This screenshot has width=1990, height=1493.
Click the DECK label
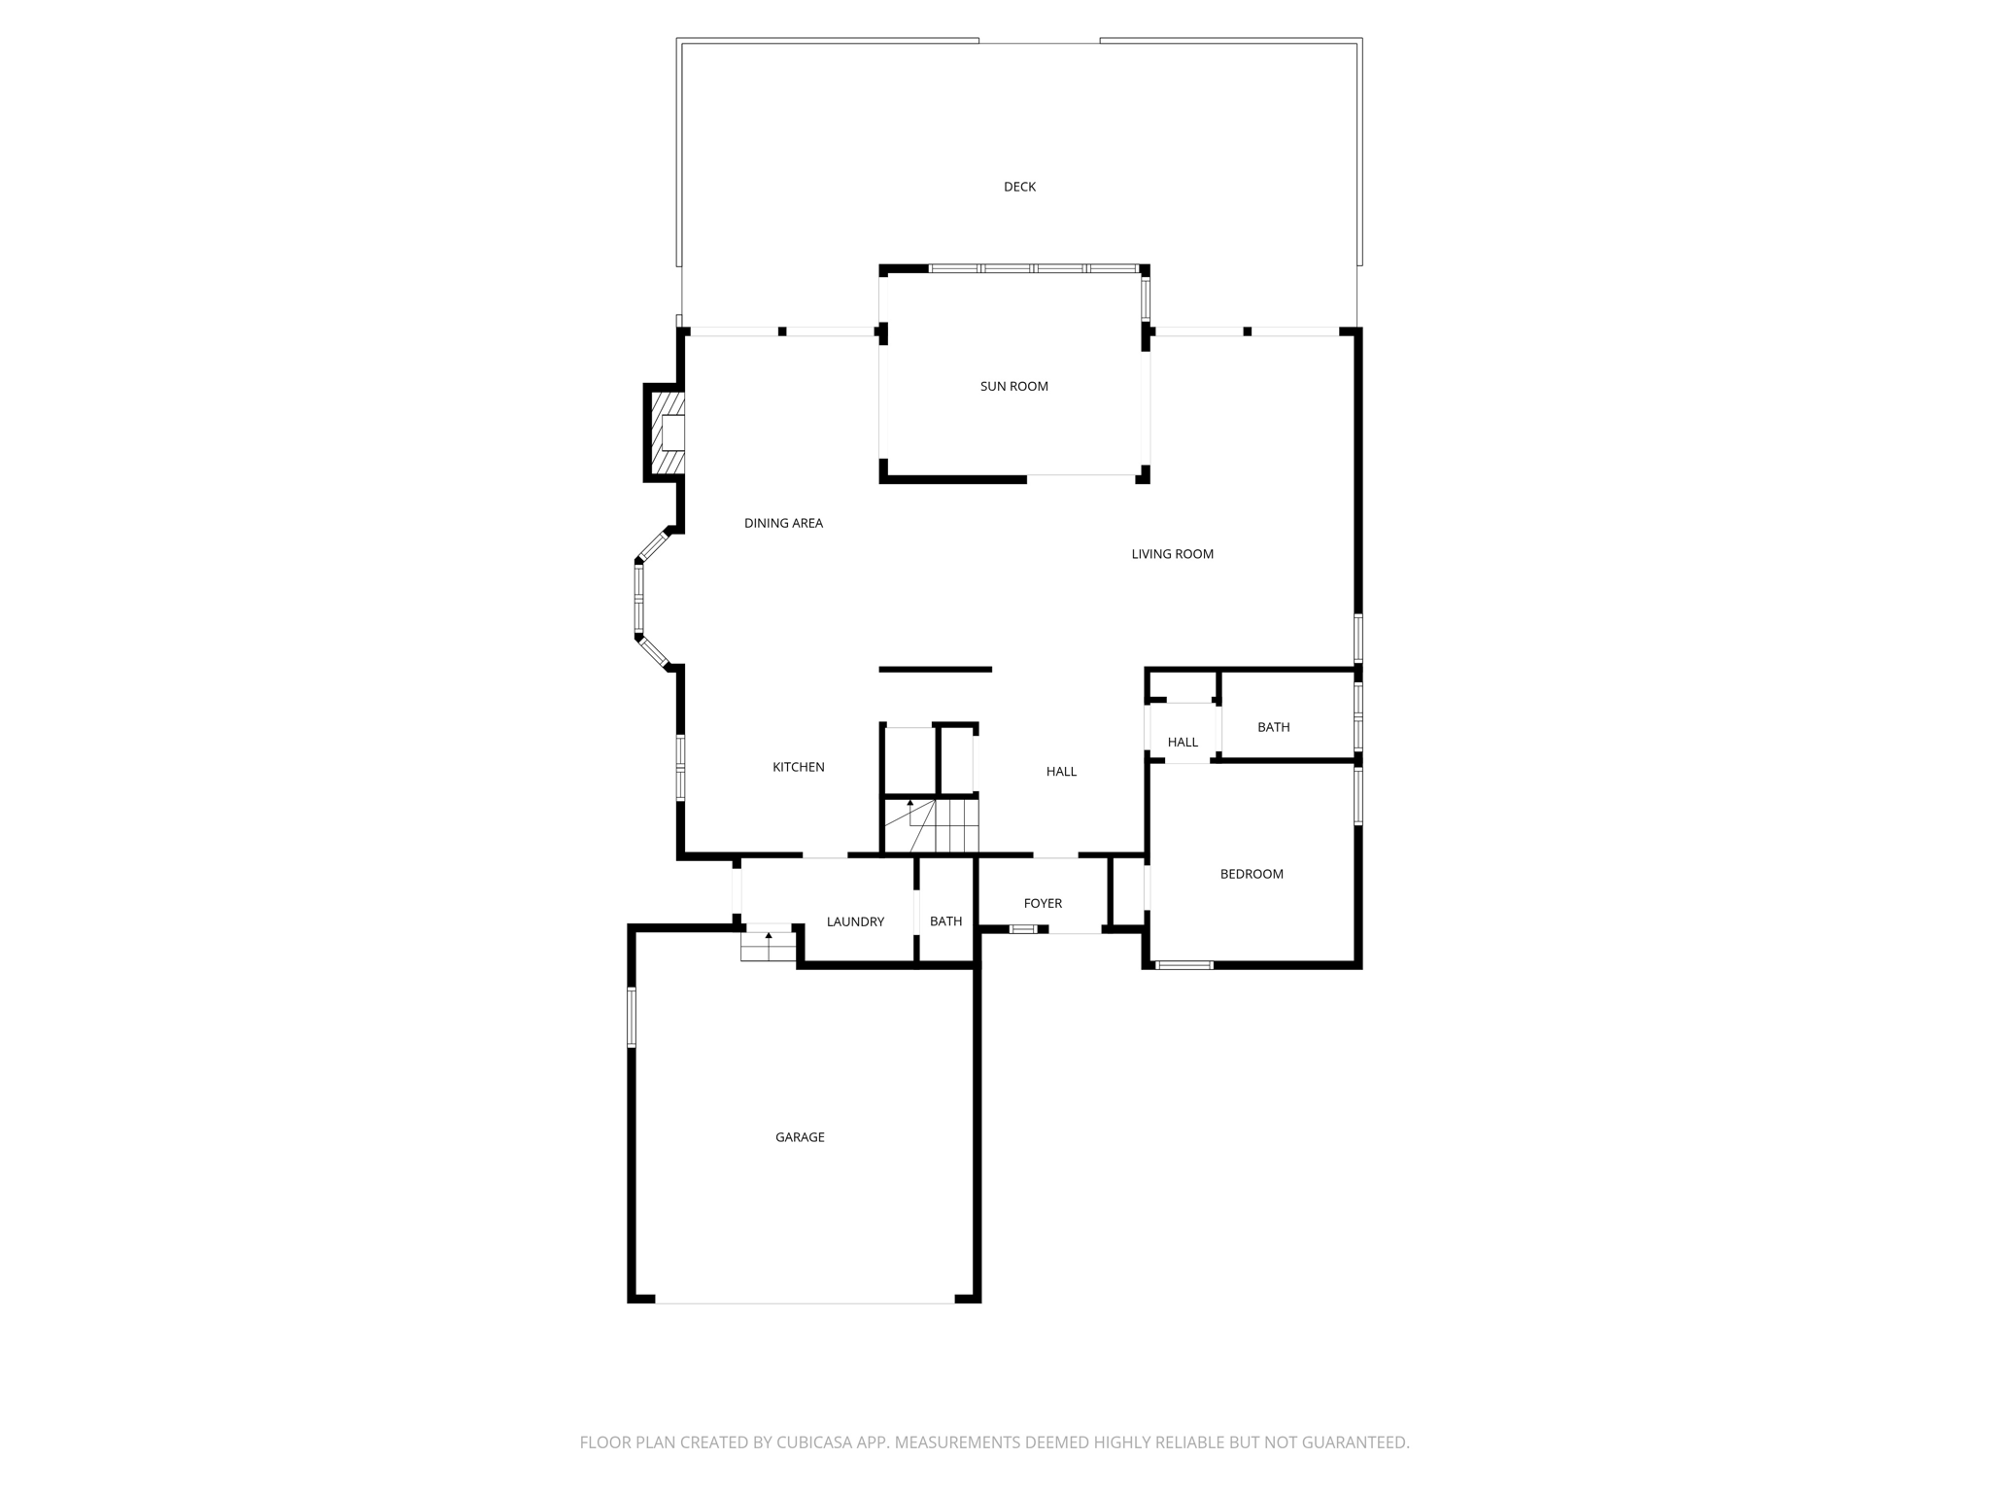1019,187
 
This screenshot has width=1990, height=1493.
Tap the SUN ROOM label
1013,386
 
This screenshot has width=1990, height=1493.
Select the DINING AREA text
783,523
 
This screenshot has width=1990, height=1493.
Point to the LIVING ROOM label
1172,554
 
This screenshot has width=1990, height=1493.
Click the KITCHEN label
798,767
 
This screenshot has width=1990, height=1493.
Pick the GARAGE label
800,1136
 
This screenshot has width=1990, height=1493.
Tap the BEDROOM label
1252,874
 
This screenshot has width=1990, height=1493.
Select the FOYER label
1043,903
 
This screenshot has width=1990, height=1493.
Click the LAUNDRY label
855,921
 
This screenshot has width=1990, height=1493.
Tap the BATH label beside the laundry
945,921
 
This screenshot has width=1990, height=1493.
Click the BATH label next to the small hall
1273,727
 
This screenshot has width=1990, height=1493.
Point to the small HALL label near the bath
1183,742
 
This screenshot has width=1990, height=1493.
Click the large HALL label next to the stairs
1061,772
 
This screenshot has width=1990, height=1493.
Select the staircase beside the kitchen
931,825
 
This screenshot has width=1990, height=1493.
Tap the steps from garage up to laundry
768,946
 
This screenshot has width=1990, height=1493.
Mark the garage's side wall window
632,1017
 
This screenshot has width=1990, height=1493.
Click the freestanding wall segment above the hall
935,669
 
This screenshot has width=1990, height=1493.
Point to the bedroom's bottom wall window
1184,965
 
